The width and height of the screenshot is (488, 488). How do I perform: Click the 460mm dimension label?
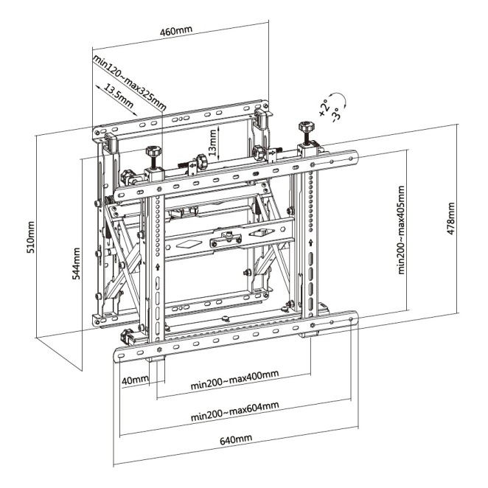[176, 31]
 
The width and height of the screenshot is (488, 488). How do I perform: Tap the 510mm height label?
[30, 237]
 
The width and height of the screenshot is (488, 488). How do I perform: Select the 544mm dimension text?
[76, 263]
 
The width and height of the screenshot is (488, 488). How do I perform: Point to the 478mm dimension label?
[450, 218]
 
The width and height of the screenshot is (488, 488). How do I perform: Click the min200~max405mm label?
[401, 230]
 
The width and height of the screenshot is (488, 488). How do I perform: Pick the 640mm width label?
[236, 439]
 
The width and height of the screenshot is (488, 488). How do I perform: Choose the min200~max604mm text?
[235, 411]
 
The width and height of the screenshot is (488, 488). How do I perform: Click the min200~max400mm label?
[234, 380]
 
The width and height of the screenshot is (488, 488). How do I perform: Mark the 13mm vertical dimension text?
[212, 142]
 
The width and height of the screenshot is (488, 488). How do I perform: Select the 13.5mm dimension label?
[119, 96]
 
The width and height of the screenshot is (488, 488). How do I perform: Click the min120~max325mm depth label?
[130, 83]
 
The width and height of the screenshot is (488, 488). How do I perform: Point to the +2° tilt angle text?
[324, 108]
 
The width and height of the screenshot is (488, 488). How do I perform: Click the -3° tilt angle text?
[337, 114]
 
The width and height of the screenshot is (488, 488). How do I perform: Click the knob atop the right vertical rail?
[306, 126]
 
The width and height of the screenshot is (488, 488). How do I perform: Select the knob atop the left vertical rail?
[153, 151]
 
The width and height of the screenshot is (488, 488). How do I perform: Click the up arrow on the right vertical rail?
[310, 243]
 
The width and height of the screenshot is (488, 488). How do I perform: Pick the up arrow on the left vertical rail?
[158, 267]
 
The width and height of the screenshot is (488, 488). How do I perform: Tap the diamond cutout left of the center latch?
[185, 244]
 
